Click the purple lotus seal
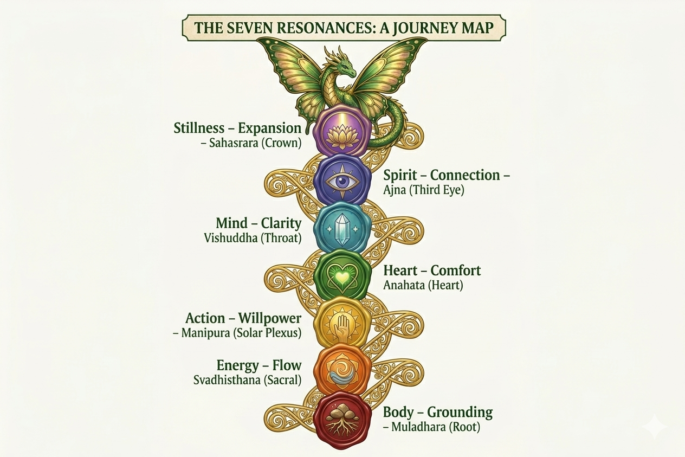click(x=342, y=133)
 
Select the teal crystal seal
click(x=342, y=227)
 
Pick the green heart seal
click(x=342, y=275)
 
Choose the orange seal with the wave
click(x=342, y=370)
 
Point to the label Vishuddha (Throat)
click(x=253, y=237)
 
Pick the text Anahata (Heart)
click(x=423, y=285)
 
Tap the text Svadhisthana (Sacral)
click(x=247, y=379)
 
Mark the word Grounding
click(x=461, y=412)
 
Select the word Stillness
click(x=199, y=128)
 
